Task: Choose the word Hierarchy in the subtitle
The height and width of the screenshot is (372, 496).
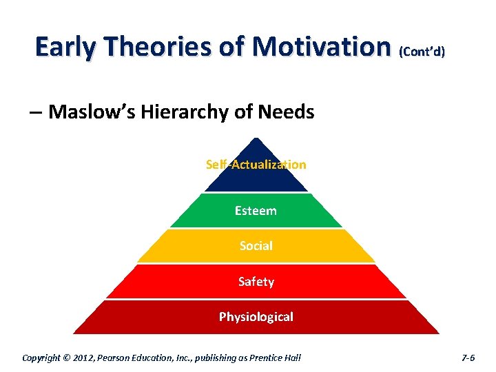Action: coord(176,112)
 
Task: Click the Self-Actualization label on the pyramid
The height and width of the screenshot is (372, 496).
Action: coord(256,164)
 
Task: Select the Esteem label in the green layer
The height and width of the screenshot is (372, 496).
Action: coord(256,211)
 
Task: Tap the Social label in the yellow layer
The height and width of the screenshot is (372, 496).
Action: coord(256,245)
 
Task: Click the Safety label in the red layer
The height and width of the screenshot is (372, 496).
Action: coord(256,281)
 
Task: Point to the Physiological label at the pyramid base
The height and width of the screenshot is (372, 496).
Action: coord(256,317)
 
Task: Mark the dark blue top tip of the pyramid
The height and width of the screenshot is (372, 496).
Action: coord(256,147)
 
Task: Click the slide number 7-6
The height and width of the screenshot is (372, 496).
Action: coord(468,358)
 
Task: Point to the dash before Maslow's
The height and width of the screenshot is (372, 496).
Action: coord(36,112)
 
